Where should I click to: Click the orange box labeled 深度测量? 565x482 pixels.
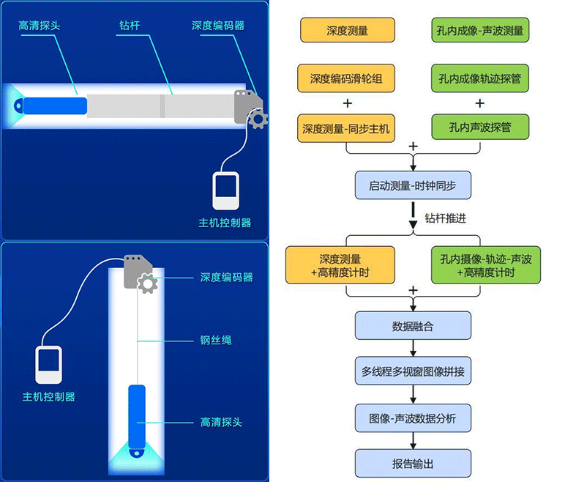point(348,31)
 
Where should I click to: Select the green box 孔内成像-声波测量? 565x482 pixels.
point(480,31)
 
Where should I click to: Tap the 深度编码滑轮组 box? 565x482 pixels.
point(348,78)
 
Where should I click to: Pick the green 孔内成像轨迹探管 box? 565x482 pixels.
point(480,78)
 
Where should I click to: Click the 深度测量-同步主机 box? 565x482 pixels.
point(348,127)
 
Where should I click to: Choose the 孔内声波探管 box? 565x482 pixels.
point(480,127)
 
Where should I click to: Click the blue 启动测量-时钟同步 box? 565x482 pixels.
point(413,185)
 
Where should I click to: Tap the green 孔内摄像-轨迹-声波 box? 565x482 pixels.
point(486,265)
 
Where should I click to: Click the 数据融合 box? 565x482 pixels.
point(413,326)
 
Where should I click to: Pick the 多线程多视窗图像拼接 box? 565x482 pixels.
point(413,371)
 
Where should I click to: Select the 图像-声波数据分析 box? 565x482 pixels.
point(413,418)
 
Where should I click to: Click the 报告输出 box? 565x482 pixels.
point(413,464)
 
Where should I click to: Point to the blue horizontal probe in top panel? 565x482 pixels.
point(50,104)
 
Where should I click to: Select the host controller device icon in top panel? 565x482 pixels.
point(226,192)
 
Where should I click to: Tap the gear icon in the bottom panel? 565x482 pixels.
point(148,283)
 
